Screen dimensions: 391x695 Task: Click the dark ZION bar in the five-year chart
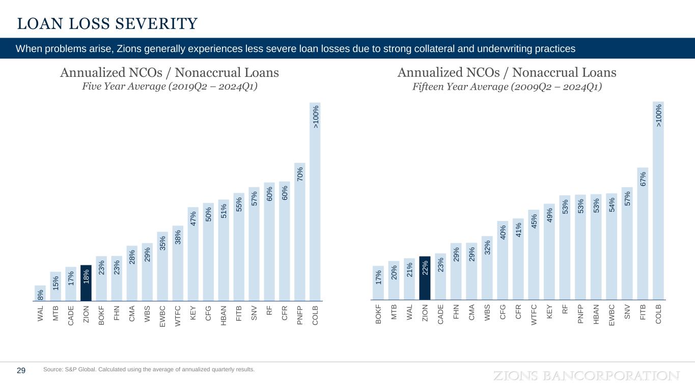pos(86,283)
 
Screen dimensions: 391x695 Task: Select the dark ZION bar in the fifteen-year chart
pos(425,277)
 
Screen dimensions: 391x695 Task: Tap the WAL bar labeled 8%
pos(40,293)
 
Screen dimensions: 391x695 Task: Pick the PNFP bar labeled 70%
pos(300,232)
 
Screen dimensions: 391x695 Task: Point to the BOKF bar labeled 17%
pos(378,283)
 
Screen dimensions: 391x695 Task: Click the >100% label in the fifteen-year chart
pos(658,116)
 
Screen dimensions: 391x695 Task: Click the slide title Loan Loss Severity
pos(107,23)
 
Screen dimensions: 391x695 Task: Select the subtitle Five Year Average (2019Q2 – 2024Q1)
pos(170,87)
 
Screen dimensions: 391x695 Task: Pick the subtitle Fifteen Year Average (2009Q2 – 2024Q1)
pos(507,87)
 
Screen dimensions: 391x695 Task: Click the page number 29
pos(21,371)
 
